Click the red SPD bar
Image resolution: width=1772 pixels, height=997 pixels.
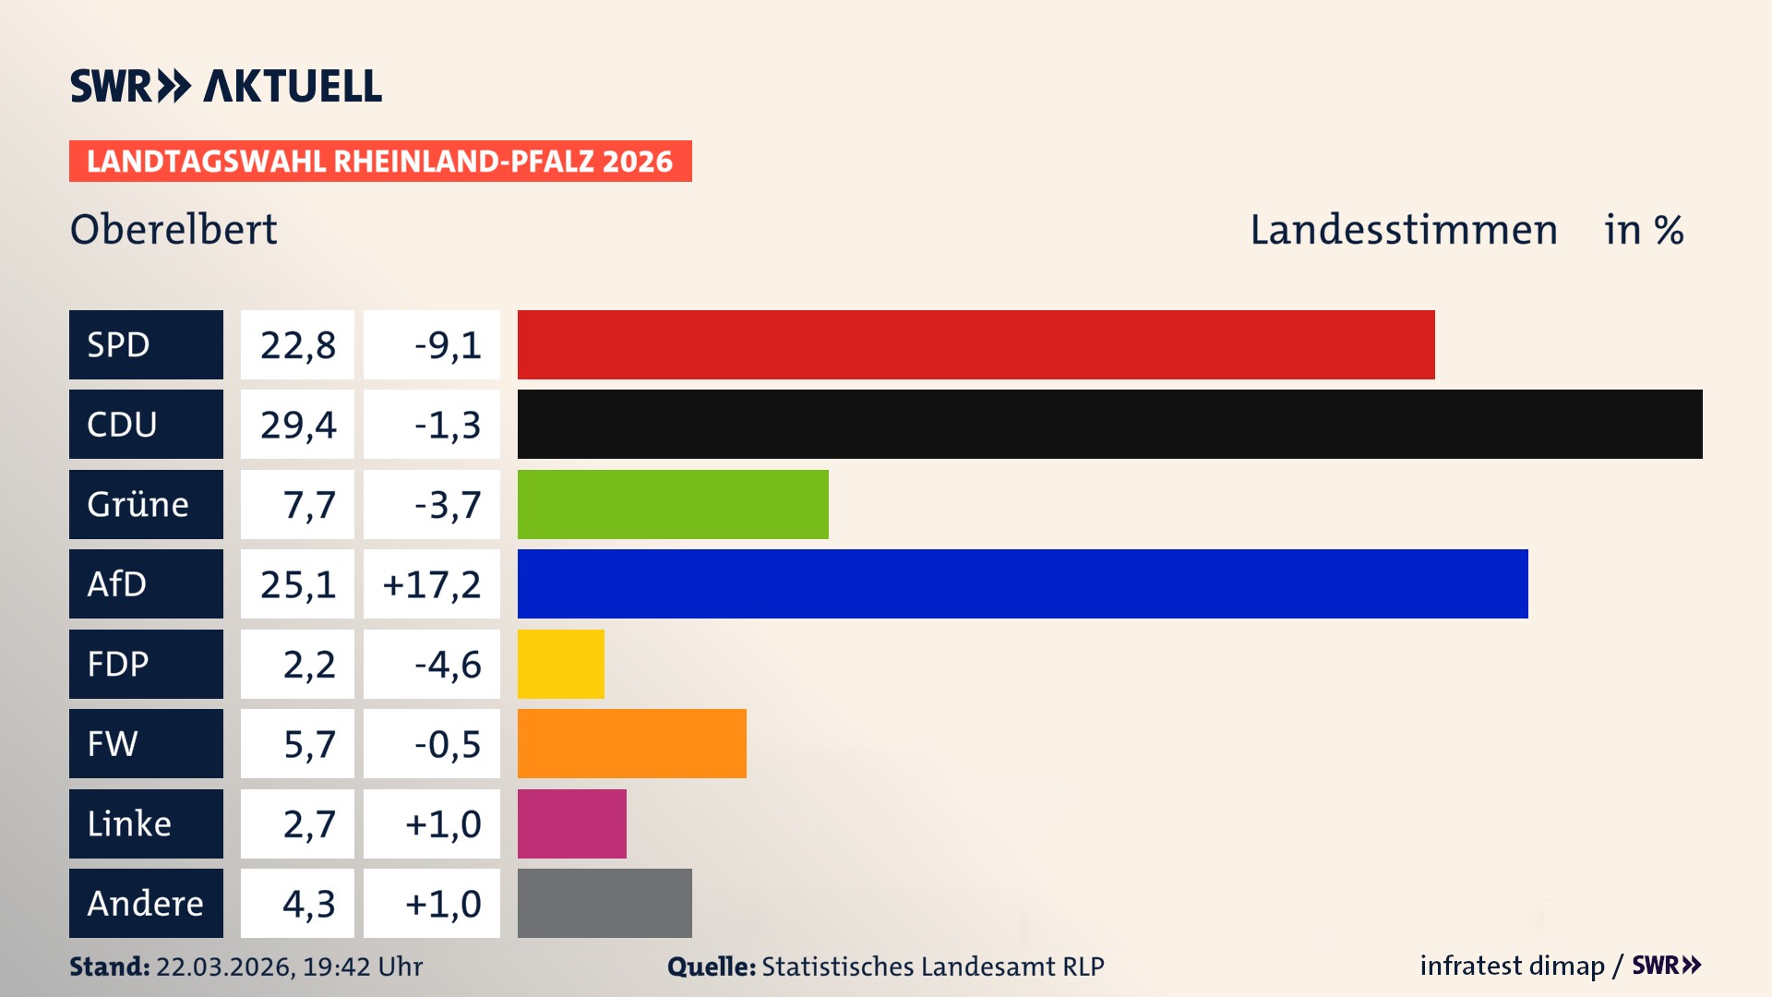976,344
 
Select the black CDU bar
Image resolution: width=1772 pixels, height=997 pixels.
1109,425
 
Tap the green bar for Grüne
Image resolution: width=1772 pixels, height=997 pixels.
673,504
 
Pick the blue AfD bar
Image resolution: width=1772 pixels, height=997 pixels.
1023,583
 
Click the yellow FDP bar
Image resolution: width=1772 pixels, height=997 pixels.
560,664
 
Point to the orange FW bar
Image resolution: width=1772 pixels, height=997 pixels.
631,743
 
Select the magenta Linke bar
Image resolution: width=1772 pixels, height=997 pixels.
571,823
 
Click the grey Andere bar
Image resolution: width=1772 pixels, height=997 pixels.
605,903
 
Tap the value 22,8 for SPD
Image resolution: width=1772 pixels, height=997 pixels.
297,345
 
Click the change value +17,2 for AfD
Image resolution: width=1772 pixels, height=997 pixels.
431,584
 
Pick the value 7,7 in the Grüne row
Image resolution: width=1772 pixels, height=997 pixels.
308,505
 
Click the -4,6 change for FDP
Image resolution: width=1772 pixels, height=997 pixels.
448,665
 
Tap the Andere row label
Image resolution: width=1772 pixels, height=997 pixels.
146,903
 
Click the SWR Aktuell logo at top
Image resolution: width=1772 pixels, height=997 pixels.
225,86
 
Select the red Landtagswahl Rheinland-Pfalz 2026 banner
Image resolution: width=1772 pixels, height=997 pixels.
379,162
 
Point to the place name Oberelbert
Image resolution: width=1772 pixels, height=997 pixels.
174,230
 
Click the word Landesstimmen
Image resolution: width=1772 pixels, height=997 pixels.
1403,230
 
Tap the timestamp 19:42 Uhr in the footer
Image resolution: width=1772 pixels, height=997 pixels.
362,967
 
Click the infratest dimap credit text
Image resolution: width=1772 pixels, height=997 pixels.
1512,966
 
